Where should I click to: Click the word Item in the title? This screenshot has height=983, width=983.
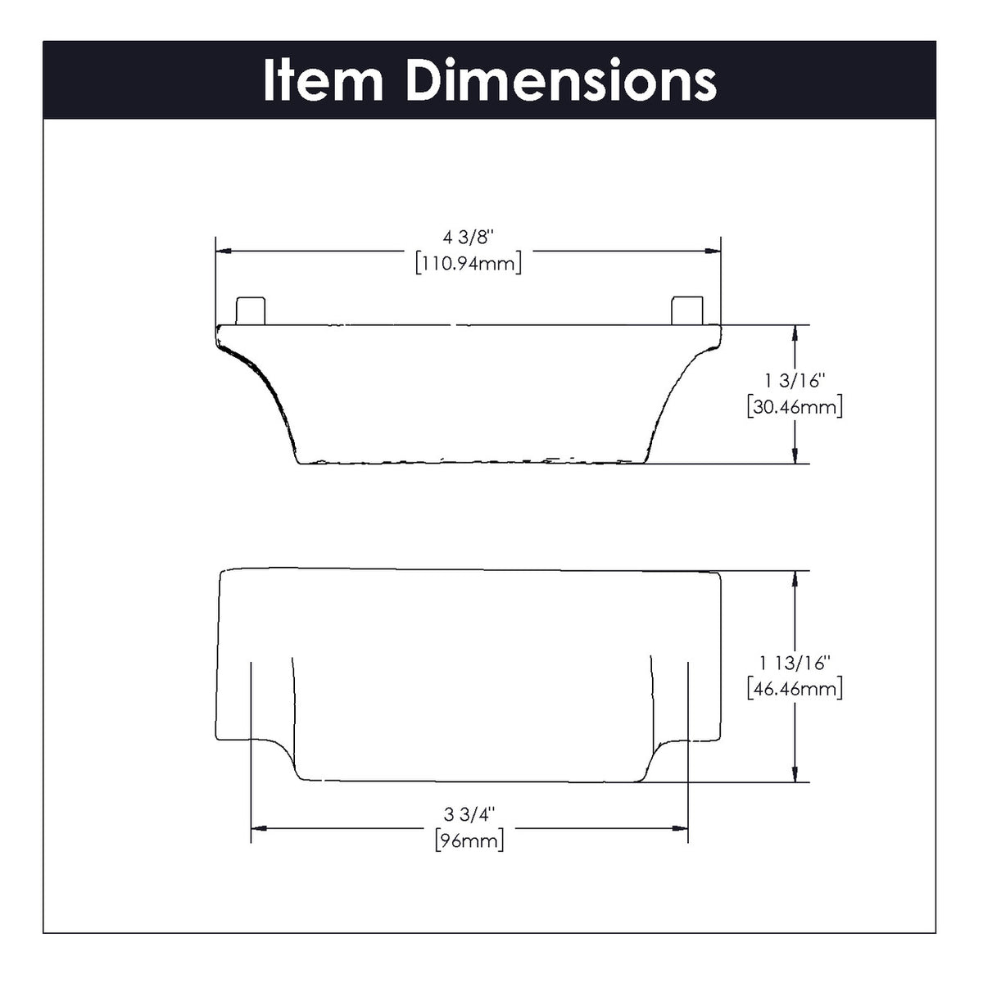(x=323, y=80)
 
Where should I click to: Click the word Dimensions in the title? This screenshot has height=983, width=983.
(x=561, y=80)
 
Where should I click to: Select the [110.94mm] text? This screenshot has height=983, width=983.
(x=469, y=264)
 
